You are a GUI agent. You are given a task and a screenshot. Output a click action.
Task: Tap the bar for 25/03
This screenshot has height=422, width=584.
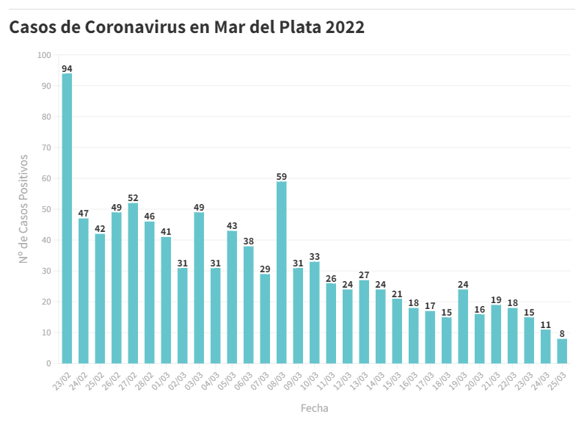coord(562,351)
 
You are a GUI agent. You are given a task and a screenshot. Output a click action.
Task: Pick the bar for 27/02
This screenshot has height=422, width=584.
coord(133,283)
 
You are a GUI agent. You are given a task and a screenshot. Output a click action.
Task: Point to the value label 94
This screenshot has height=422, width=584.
coord(67,69)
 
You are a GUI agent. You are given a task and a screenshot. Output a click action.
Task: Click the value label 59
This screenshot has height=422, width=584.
coord(282,177)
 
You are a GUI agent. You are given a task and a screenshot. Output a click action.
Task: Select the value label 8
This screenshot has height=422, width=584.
coord(562,334)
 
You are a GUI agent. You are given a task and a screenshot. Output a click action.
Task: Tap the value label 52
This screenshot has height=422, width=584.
coord(133,198)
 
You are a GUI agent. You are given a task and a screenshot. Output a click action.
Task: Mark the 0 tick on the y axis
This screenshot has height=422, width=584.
coord(48,363)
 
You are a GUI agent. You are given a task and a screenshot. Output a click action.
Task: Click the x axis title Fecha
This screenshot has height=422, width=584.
coord(314,408)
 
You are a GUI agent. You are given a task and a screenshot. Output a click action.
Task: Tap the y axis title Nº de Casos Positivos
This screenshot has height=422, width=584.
coord(23,209)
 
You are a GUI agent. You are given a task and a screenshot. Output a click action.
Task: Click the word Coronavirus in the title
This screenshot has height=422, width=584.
coord(147,27)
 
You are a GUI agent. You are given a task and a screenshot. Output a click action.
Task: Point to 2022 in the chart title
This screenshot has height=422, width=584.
coord(345,27)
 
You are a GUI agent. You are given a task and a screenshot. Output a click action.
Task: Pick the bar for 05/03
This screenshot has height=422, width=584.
coord(232,297)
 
